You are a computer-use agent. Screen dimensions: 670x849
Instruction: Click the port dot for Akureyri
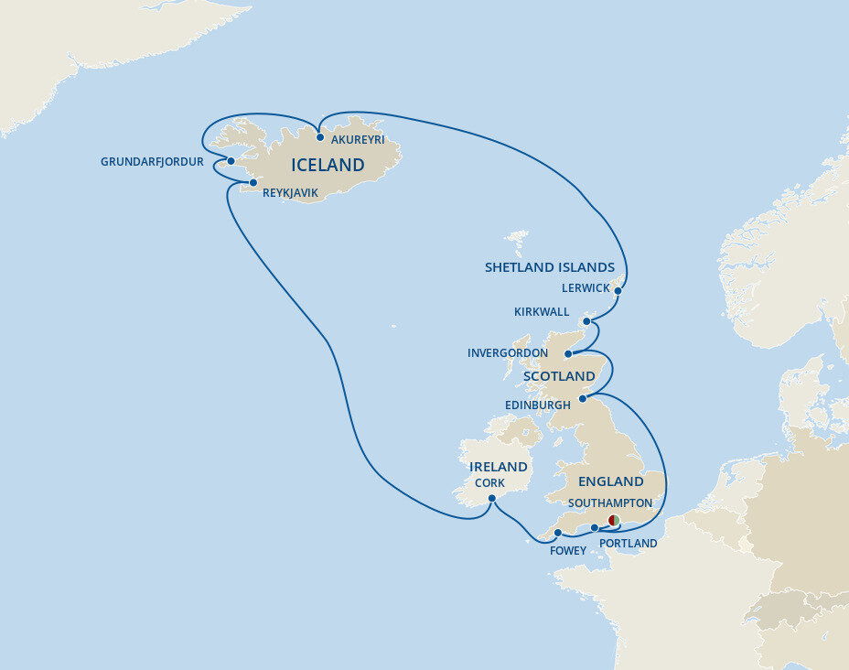320,137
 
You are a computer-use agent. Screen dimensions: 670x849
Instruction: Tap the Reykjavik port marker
253,182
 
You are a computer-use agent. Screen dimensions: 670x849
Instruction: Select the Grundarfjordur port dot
231,161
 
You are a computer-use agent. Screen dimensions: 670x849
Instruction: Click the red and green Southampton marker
614,521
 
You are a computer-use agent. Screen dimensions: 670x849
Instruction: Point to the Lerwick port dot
618,292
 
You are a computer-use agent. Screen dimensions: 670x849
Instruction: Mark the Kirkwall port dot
586,321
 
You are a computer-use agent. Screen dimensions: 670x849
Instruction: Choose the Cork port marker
491,499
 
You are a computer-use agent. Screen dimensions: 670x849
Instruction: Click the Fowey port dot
557,533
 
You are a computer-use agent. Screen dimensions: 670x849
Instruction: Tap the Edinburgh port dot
582,398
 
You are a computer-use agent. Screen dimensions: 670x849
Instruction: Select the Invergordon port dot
568,354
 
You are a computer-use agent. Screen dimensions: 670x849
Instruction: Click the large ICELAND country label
328,166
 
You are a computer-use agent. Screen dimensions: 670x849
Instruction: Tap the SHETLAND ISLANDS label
549,267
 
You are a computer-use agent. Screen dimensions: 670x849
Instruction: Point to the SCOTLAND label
559,376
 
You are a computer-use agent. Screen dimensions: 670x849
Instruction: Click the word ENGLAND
610,481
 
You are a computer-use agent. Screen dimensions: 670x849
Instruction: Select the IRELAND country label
498,467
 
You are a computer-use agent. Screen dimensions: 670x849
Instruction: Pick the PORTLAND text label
628,544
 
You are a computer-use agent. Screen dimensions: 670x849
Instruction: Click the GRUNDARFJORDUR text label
152,162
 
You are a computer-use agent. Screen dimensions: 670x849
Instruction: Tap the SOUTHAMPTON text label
609,503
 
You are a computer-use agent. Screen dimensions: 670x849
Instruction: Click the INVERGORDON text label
508,353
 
